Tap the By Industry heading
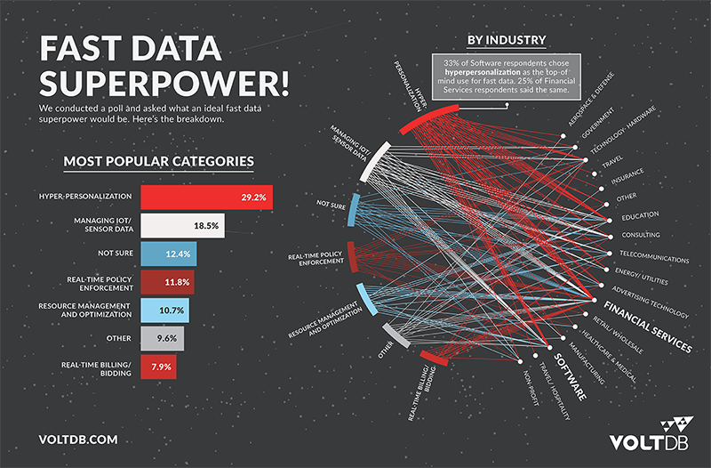point(506,39)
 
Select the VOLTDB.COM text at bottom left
point(79,439)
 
